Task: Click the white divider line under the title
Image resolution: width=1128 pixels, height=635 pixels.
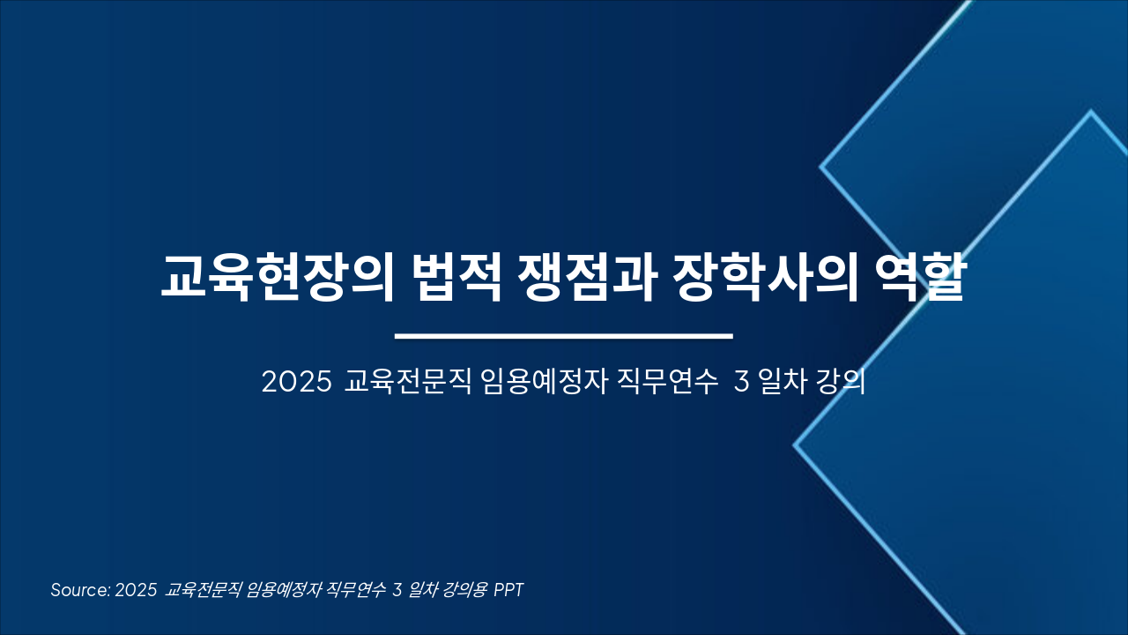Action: coord(564,336)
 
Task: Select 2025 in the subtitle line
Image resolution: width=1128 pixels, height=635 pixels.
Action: coord(296,383)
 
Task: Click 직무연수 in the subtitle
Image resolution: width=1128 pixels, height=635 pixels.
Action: coord(670,383)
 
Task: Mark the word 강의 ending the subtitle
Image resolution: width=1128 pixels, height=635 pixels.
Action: coord(841,383)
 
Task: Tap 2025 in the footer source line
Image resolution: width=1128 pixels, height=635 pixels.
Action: coord(136,590)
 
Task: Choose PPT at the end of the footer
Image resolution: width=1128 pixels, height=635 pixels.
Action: coord(508,590)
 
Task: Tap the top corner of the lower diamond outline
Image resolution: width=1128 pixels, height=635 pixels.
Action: coord(1090,112)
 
